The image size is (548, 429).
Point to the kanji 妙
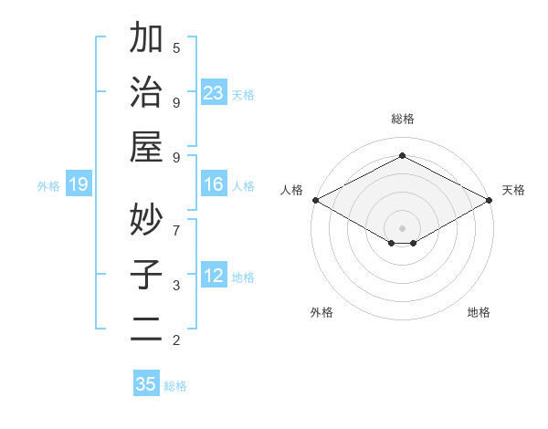(146, 219)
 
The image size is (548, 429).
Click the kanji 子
(146, 274)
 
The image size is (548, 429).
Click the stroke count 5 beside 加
(176, 47)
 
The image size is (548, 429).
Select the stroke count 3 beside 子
(176, 286)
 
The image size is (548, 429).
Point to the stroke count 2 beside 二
(176, 340)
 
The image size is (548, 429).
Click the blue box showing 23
(214, 92)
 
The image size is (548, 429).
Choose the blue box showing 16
(214, 185)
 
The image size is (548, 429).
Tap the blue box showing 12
(214, 277)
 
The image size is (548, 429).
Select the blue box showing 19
(79, 185)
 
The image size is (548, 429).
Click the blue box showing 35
(146, 384)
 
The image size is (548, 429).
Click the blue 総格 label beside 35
(175, 385)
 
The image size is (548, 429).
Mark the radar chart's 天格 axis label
(513, 191)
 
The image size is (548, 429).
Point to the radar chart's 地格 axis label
(479, 312)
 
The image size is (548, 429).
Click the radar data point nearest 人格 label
(315, 200)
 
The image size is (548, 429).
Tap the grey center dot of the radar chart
(402, 227)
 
